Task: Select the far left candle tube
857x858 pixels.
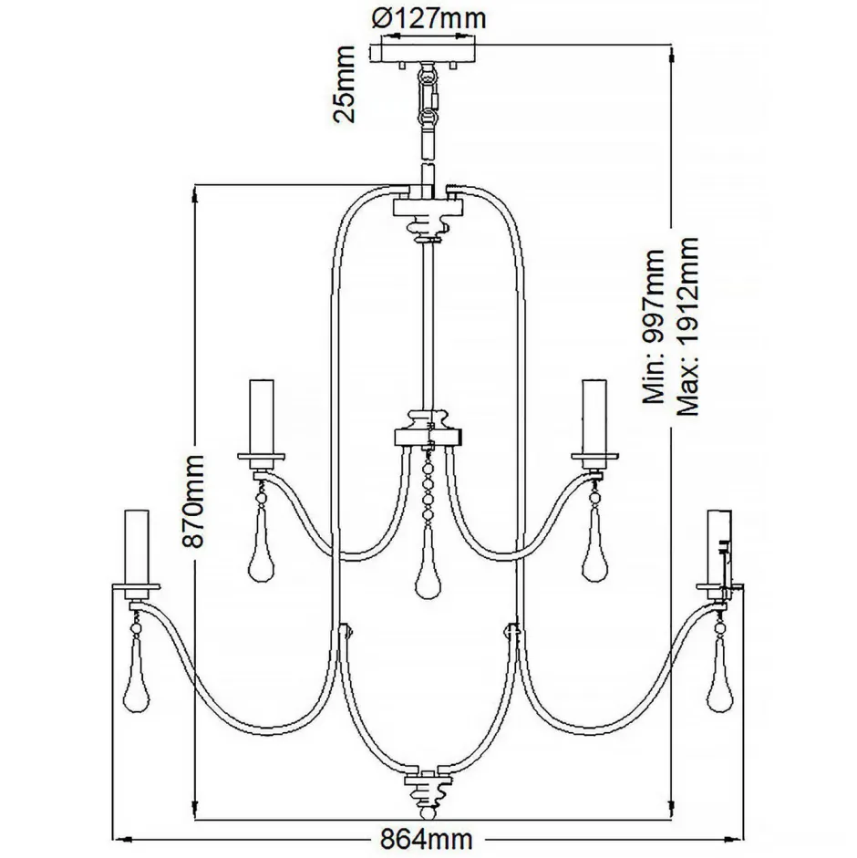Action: click(x=137, y=547)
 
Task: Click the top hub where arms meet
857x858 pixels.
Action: click(x=428, y=214)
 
